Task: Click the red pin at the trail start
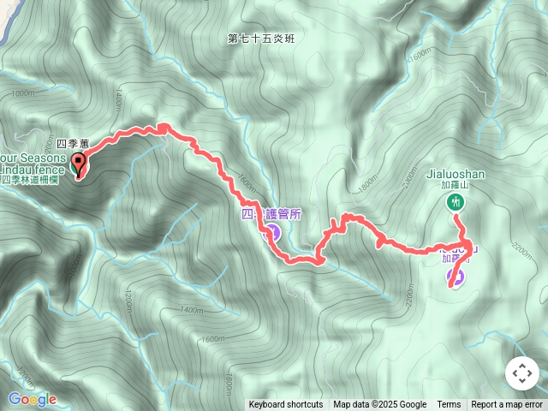pyautogui.click(x=78, y=164)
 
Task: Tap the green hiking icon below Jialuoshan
pyautogui.click(x=456, y=202)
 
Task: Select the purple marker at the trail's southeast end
pyautogui.click(x=458, y=277)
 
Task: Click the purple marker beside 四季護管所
pyautogui.click(x=273, y=231)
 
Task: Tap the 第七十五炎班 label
pyautogui.click(x=260, y=39)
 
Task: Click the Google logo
pyautogui.click(x=32, y=399)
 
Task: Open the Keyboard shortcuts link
pyautogui.click(x=286, y=405)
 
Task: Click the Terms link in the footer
pyautogui.click(x=449, y=405)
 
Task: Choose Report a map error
pyautogui.click(x=509, y=405)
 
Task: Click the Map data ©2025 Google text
pyautogui.click(x=380, y=405)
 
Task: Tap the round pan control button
pyautogui.click(x=521, y=373)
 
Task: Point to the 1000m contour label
pyautogui.click(x=23, y=93)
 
